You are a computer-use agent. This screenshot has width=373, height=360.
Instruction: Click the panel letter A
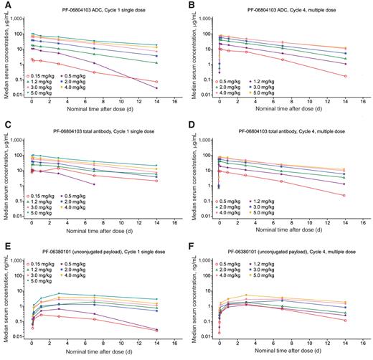[x=5, y=5]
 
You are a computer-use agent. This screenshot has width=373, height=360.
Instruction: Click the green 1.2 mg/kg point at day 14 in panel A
[x=157, y=63]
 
